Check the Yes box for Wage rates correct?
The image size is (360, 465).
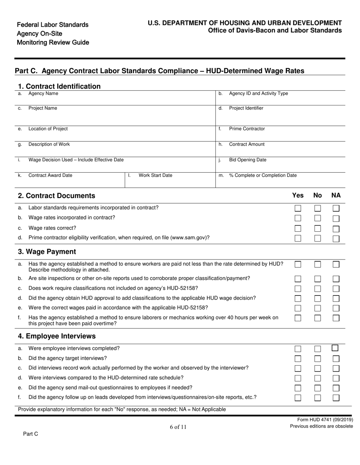[x=298, y=228]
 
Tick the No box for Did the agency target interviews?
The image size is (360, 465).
[x=318, y=358]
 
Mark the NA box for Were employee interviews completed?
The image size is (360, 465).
[x=335, y=348]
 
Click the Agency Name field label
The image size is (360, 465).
[x=43, y=93]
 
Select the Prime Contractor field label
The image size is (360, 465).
[x=247, y=129]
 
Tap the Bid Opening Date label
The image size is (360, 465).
[x=247, y=160]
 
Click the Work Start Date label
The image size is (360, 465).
[x=155, y=175]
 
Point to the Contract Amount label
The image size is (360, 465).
[x=247, y=144]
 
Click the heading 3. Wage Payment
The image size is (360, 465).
[x=47, y=252]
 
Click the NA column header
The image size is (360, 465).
[x=336, y=195]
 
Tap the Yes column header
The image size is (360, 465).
[x=298, y=195]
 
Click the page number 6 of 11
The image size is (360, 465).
[x=178, y=427]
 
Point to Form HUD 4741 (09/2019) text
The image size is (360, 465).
[x=325, y=420]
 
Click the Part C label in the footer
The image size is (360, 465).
[x=31, y=434]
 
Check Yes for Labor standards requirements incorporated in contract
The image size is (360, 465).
[x=298, y=208]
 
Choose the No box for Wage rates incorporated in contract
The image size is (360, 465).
[x=318, y=218]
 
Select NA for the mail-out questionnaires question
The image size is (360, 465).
[x=336, y=388]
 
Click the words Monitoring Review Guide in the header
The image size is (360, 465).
[x=53, y=42]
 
